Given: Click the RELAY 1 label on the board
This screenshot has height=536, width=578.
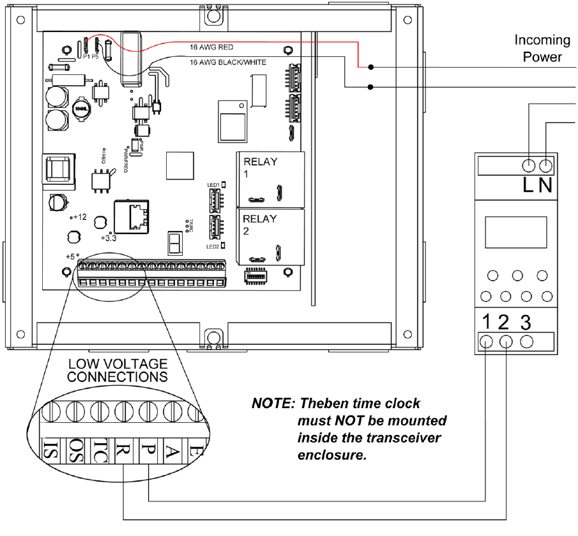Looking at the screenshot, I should pyautogui.click(x=261, y=167).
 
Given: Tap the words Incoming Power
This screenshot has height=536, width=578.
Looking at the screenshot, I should pyautogui.click(x=542, y=49).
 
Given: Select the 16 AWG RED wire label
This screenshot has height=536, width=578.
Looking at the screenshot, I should pyautogui.click(x=212, y=47).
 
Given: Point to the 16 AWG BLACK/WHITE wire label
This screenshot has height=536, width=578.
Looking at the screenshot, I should pyautogui.click(x=227, y=62).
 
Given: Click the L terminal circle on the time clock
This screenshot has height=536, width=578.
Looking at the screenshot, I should pyautogui.click(x=529, y=166).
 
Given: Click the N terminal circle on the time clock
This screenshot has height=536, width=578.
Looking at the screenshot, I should pyautogui.click(x=546, y=166).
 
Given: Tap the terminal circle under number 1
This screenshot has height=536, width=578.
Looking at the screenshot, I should pyautogui.click(x=487, y=341).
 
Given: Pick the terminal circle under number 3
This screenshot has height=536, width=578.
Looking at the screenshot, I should pyautogui.click(x=526, y=341).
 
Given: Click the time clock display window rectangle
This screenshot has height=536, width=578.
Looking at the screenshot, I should pyautogui.click(x=515, y=232).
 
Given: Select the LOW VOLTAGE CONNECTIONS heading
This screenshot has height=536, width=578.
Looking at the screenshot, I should pyautogui.click(x=118, y=370).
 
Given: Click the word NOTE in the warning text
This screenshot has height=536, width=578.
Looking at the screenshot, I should pyautogui.click(x=272, y=404).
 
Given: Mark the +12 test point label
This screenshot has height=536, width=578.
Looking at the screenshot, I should pyautogui.click(x=79, y=217).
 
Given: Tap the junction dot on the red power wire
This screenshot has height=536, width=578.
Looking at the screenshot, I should pyautogui.click(x=370, y=67).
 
